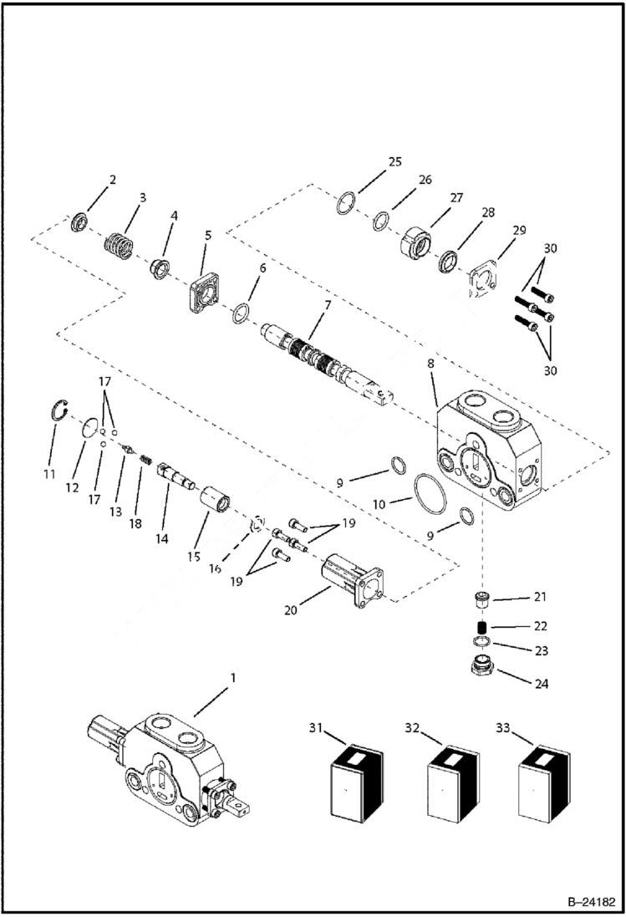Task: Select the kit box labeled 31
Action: point(356,779)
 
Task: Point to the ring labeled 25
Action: point(349,203)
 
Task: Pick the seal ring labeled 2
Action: point(81,223)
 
